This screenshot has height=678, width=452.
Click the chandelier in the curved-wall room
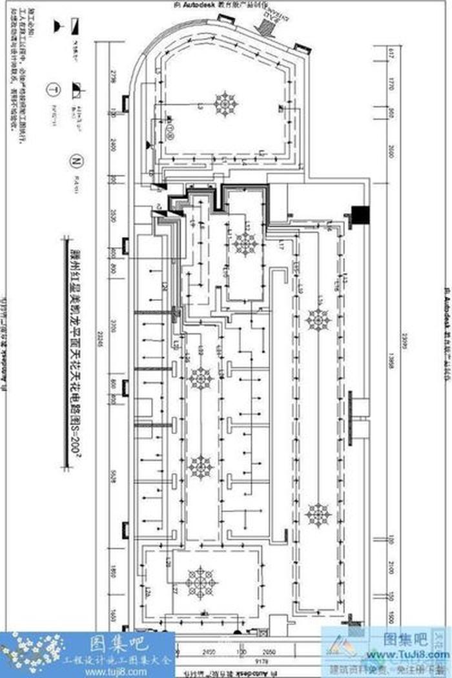click(x=226, y=103)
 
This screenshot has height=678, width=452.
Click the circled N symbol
click(x=76, y=159)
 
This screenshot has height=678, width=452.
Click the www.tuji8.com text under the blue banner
click(x=103, y=671)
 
